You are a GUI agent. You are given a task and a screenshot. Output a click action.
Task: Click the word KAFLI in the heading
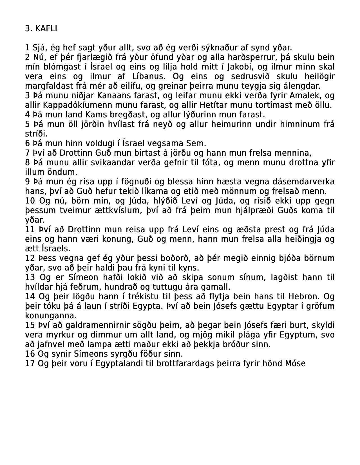46,28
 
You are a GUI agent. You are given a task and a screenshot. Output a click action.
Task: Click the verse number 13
30,277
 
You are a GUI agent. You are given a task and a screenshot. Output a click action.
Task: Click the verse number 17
30,363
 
